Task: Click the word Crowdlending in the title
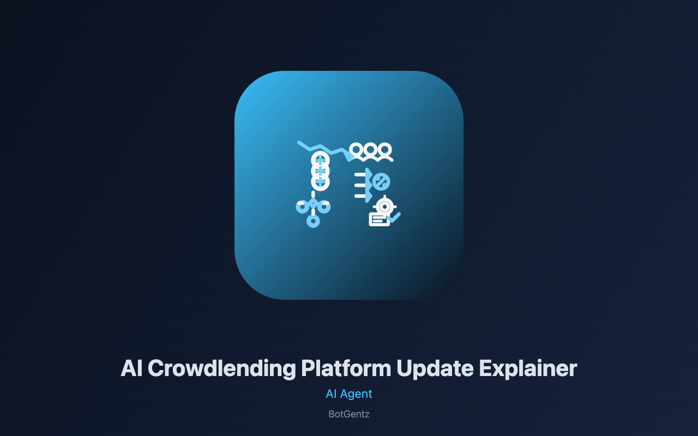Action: click(x=221, y=369)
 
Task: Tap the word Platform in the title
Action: click(x=346, y=368)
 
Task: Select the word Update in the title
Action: click(x=435, y=369)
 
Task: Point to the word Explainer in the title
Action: click(x=528, y=369)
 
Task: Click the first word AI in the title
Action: click(x=131, y=368)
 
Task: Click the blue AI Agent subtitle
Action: click(x=349, y=394)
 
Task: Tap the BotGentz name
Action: click(x=349, y=414)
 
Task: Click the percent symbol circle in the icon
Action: click(x=381, y=182)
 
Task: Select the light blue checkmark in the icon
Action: click(x=394, y=217)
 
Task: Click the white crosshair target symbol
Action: click(x=385, y=206)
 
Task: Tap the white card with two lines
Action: click(x=379, y=220)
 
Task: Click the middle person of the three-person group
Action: click(x=370, y=152)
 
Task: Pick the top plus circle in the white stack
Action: click(x=320, y=161)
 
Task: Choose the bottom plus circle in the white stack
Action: click(x=320, y=181)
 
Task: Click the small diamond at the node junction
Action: click(x=313, y=204)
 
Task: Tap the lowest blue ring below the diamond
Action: click(x=313, y=221)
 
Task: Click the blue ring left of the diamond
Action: click(x=302, y=207)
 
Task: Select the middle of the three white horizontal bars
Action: click(x=360, y=185)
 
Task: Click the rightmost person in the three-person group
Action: click(x=385, y=152)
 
